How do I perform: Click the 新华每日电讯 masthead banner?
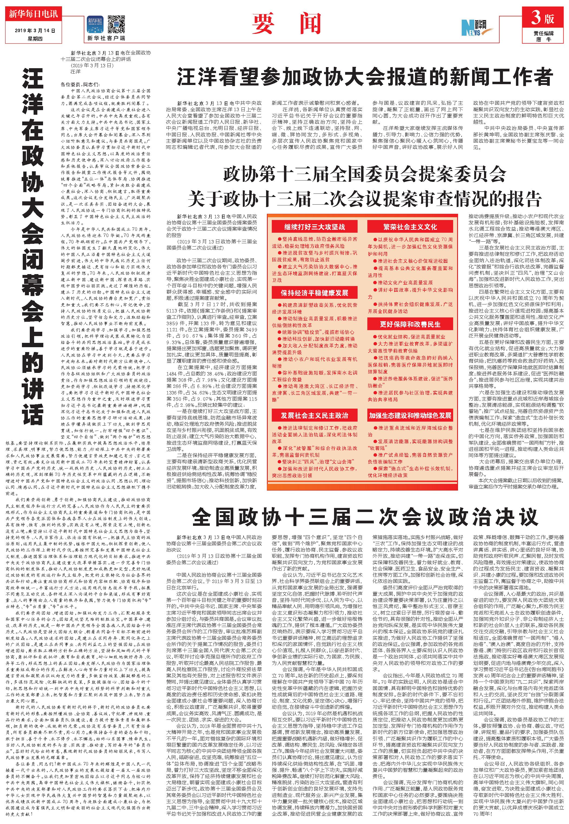pos(33,15)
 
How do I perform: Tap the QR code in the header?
pos(117,25)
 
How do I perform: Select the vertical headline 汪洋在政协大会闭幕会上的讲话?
pos(33,246)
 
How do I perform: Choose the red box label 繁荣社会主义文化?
pos(410,227)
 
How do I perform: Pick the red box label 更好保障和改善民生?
pos(410,324)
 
